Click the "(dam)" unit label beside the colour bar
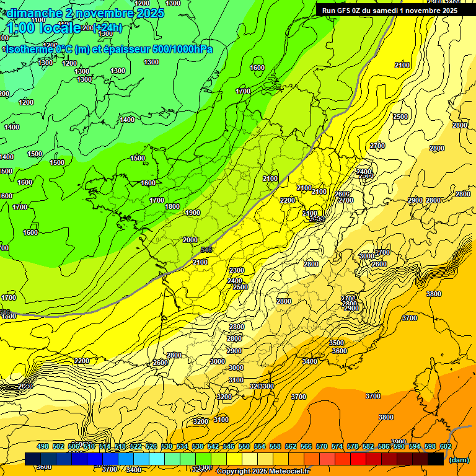(x=458, y=460)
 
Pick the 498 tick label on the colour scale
(x=43, y=446)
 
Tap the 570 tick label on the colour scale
(x=322, y=446)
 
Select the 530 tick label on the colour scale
(x=167, y=446)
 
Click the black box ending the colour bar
(x=435, y=459)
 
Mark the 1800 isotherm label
(x=172, y=206)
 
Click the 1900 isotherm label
(x=193, y=213)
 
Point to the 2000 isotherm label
(x=190, y=240)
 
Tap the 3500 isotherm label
(x=337, y=343)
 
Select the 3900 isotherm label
(x=399, y=442)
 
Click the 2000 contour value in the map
(x=190, y=240)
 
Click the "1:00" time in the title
(x=20, y=27)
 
